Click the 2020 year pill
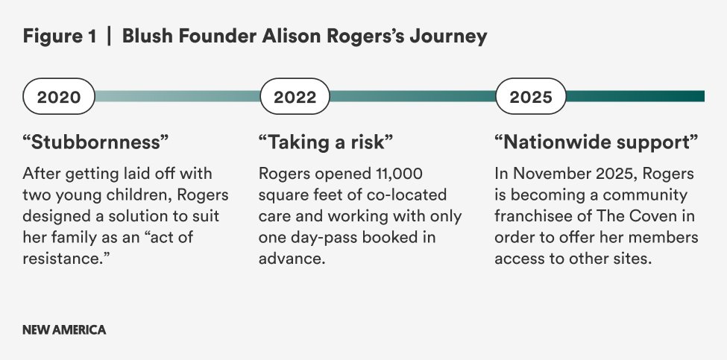pyautogui.click(x=59, y=96)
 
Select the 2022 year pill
pyautogui.click(x=295, y=96)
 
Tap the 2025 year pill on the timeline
pyautogui.click(x=531, y=96)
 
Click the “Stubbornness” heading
pyautogui.click(x=95, y=142)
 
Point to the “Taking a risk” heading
pyautogui.click(x=326, y=142)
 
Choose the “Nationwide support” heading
pyautogui.click(x=597, y=142)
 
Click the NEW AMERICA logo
pyautogui.click(x=64, y=330)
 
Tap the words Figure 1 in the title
pyautogui.click(x=60, y=36)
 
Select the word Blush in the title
pyautogui.click(x=148, y=36)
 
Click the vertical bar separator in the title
pyautogui.click(x=109, y=36)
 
